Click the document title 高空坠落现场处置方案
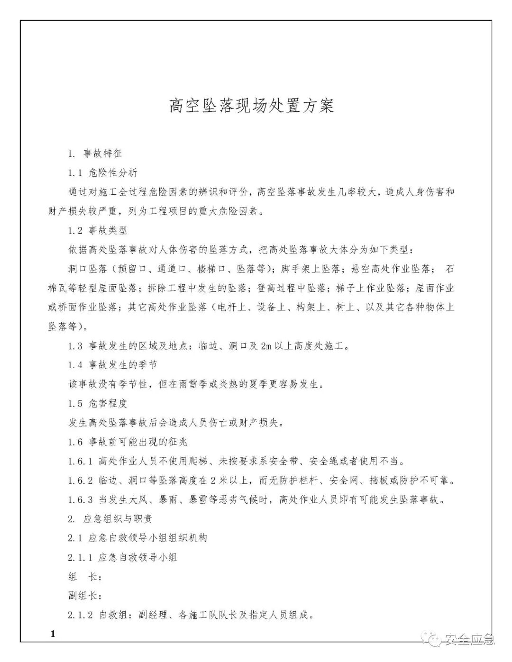click(252, 106)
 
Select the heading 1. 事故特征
click(95, 154)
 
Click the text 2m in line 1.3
click(265, 346)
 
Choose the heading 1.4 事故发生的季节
click(112, 365)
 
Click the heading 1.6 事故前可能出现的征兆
click(128, 442)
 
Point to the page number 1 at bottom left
click(53, 634)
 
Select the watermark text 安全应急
click(469, 641)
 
